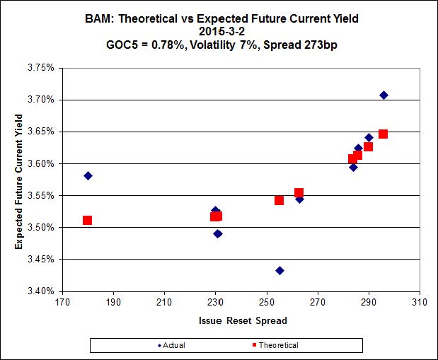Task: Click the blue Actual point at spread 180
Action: click(88, 175)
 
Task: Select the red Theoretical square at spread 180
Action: click(87, 221)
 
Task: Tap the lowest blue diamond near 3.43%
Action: click(279, 271)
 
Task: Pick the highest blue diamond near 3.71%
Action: click(384, 95)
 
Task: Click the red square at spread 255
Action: click(279, 200)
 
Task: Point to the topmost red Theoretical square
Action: click(383, 134)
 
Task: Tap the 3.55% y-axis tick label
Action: click(41, 196)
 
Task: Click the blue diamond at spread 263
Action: click(299, 199)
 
